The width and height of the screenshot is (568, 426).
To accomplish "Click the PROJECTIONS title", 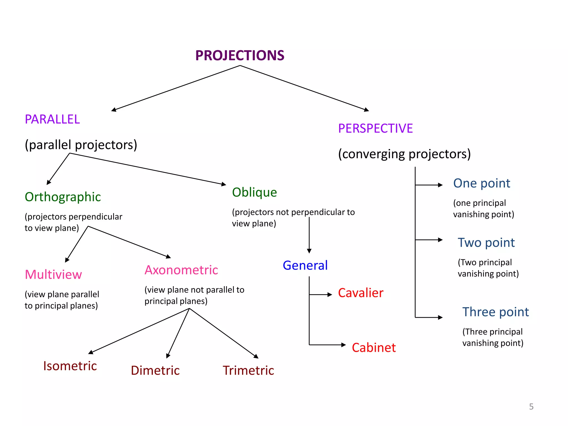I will [240, 55].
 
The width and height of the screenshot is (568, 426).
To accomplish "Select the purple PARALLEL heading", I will [52, 120].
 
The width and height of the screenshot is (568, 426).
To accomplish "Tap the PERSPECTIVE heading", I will [375, 128].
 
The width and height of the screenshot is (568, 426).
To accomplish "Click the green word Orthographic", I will [63, 197].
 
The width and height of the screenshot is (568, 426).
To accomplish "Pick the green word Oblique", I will [254, 192].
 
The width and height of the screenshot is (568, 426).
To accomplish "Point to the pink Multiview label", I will [53, 275].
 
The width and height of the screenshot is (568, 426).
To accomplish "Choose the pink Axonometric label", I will [181, 270].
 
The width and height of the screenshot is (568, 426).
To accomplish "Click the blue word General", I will [305, 265].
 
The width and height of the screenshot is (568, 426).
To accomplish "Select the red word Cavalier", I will [361, 293].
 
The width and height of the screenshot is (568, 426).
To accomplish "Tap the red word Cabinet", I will [374, 348].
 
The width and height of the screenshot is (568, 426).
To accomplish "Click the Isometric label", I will [70, 366].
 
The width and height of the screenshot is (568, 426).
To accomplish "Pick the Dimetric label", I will [155, 371].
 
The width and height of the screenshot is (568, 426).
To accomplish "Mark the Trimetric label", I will [248, 371].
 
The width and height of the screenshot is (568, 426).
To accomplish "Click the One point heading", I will [481, 183].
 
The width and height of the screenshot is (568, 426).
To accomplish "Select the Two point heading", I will [486, 243].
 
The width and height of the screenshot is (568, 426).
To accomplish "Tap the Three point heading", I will [495, 312].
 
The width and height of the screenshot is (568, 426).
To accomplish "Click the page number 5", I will [531, 407].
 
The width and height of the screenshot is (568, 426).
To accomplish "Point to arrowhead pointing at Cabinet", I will [344, 345].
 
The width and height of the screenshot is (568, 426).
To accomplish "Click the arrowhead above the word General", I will [309, 251].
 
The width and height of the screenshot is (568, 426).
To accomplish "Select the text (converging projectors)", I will [404, 154].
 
